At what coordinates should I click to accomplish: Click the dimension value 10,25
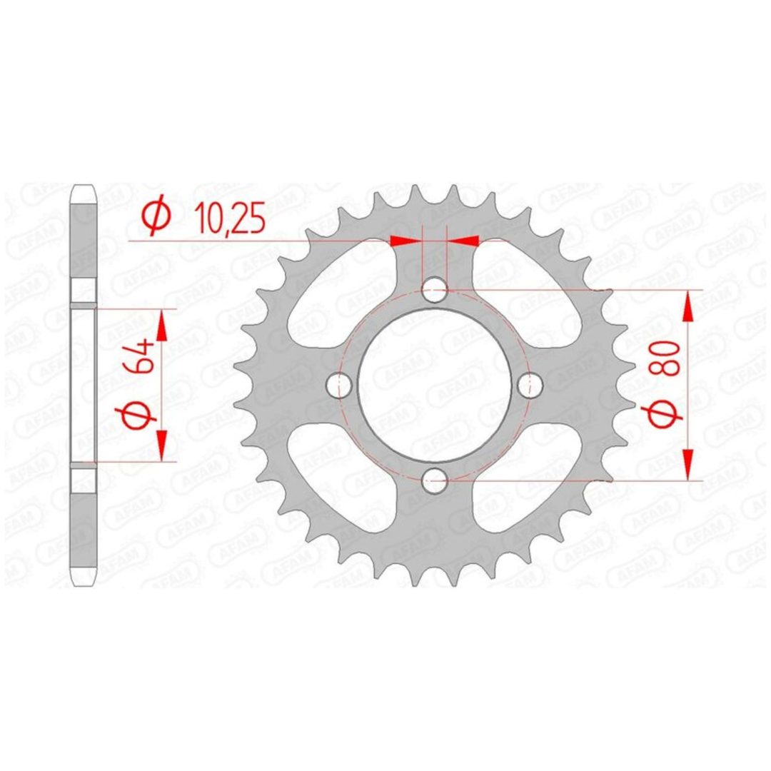(230, 218)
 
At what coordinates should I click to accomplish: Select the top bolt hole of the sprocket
(435, 289)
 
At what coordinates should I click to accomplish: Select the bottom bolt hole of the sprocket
(435, 480)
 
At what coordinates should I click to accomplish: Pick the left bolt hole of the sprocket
(339, 385)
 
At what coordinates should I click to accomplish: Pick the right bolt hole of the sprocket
(530, 385)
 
